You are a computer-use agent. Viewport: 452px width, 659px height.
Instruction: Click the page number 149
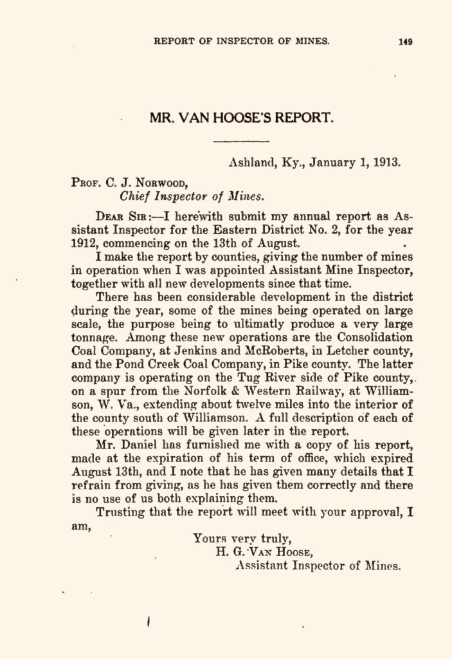pos(405,42)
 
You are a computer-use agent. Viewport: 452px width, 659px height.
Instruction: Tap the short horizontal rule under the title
pos(240,141)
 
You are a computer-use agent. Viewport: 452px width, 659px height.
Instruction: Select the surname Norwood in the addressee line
pos(158,182)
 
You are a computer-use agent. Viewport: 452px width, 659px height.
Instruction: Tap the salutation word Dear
pos(109,216)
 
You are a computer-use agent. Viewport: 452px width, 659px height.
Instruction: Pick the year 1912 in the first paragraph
pos(85,244)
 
